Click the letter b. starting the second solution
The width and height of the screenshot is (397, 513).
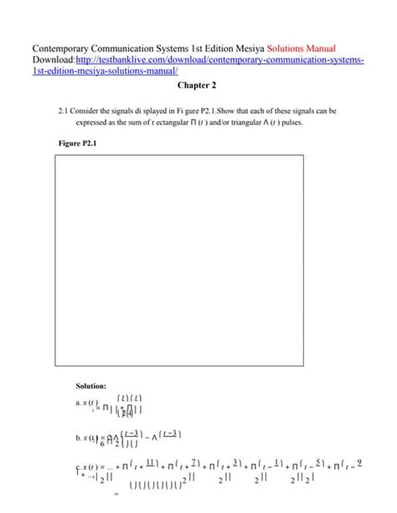coord(78,437)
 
